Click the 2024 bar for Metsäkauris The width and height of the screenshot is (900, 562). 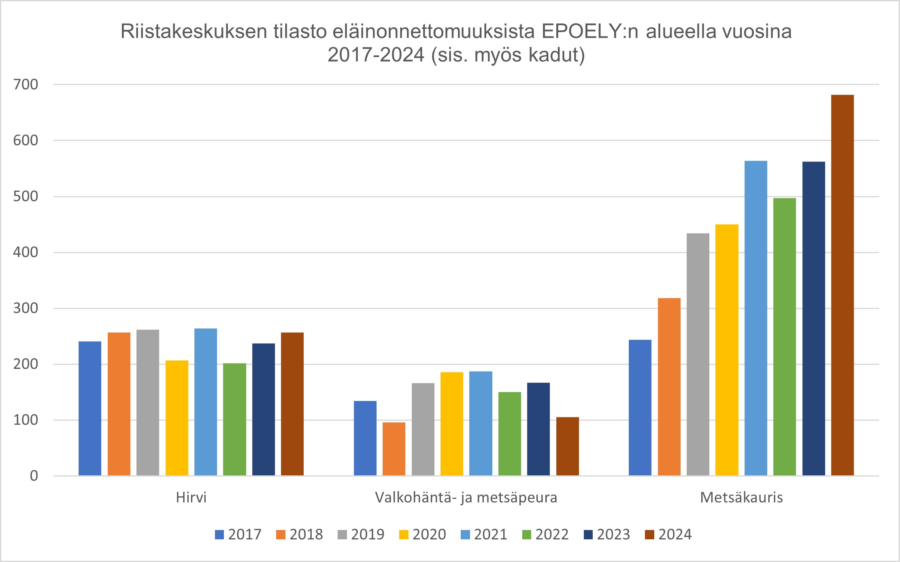coord(842,285)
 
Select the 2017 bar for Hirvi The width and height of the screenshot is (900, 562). coord(90,409)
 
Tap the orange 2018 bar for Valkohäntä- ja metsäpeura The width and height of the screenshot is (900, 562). coord(394,449)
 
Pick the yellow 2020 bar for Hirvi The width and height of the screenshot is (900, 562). coord(177,418)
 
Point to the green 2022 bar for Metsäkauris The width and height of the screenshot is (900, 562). coord(784,337)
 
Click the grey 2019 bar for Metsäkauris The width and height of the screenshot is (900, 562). coord(698,354)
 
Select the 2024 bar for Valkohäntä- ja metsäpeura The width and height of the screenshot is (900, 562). coord(567,446)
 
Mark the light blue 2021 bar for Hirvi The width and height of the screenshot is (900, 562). coord(206,402)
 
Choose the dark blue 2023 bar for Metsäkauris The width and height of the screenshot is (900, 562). coord(813,319)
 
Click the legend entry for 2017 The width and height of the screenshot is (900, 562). coord(239,534)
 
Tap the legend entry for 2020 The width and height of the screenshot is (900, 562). coord(423,534)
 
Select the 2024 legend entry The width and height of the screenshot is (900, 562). coord(669,534)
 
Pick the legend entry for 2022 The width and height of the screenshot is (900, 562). coord(546,534)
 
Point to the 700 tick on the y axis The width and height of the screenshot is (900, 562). coord(26,85)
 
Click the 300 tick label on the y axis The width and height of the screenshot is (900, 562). coord(26,308)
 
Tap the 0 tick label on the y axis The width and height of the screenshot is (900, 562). coord(34,476)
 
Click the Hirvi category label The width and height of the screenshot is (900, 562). coord(191,497)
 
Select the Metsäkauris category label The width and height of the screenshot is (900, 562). coord(741,497)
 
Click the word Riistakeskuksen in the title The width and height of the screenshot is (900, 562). coord(194,32)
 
